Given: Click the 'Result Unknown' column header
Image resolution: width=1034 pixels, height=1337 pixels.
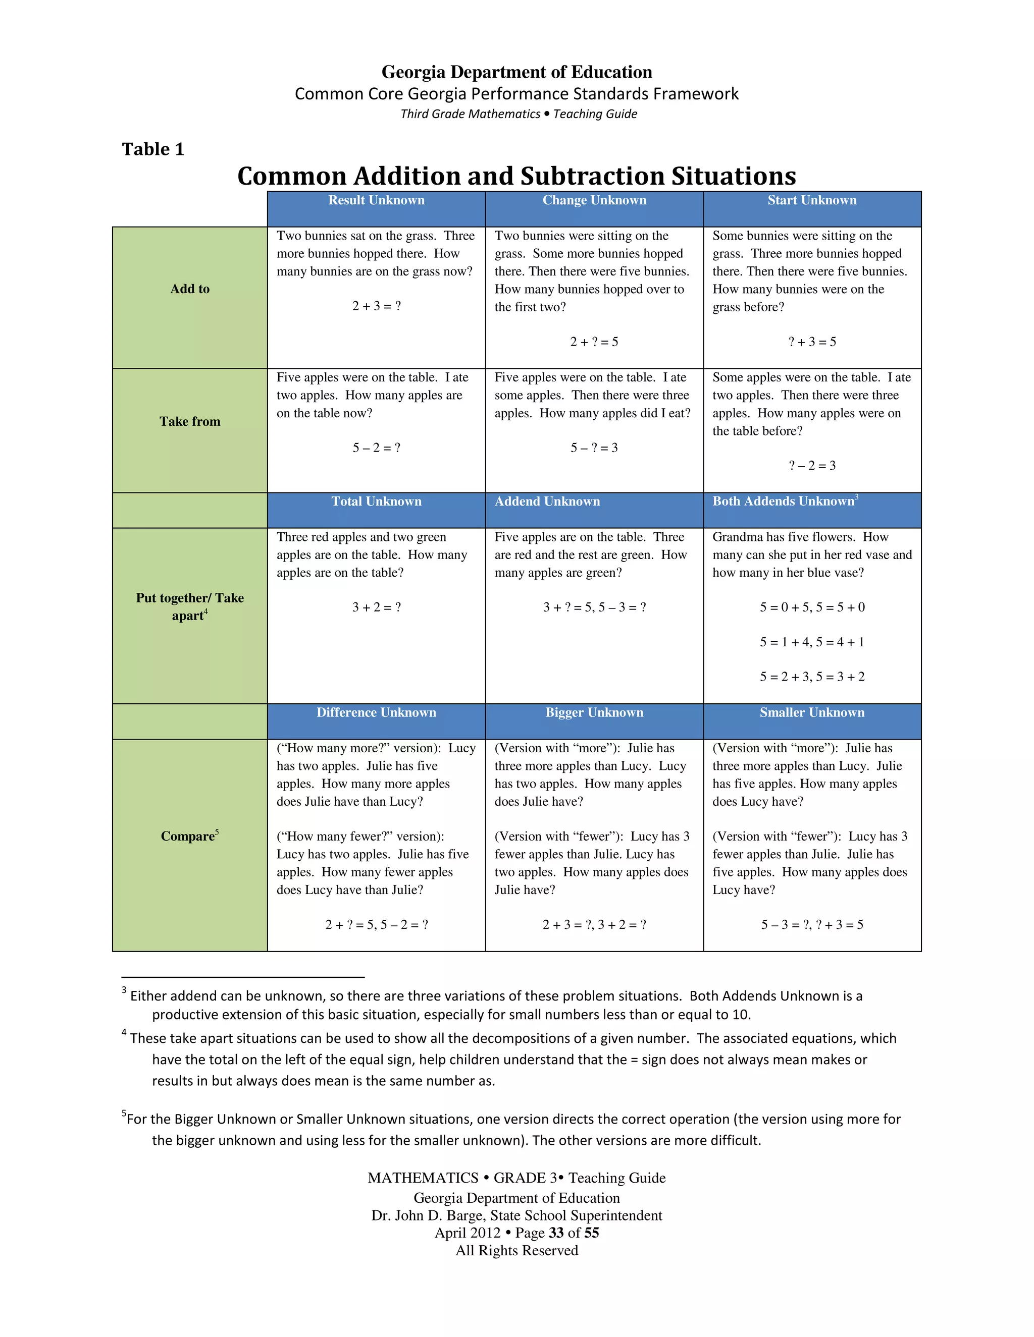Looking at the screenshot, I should [376, 200].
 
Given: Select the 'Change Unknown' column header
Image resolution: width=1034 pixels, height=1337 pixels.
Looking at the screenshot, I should [594, 200].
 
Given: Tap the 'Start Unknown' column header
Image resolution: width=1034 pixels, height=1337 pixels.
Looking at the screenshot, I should [812, 200].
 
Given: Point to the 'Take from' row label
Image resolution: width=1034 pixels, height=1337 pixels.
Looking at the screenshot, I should [190, 421].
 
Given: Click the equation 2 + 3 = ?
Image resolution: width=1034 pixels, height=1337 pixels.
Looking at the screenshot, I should [376, 306].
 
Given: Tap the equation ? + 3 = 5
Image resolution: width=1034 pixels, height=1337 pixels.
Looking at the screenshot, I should [812, 342].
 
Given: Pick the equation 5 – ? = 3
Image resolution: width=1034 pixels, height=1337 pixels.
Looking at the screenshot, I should [594, 448].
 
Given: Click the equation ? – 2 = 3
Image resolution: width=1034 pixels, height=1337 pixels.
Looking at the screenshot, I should [812, 465].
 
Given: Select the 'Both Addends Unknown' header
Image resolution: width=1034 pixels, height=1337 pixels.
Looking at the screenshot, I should [784, 502].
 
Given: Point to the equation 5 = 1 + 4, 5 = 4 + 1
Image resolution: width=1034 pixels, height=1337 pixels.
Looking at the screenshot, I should [812, 642].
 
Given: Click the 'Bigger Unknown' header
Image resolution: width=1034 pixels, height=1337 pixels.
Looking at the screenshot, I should [594, 712].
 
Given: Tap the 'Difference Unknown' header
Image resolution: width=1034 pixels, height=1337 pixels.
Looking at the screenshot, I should [376, 712].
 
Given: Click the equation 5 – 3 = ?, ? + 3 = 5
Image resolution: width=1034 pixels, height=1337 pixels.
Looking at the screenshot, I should [812, 924].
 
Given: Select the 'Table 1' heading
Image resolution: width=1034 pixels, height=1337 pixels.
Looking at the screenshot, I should [153, 149].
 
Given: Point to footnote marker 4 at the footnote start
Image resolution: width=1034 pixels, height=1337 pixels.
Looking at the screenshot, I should [124, 1033].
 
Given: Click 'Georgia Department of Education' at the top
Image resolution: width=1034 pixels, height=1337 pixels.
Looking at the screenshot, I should [516, 72].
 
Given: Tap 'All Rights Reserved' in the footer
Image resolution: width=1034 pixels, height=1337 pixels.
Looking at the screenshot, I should [516, 1250].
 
